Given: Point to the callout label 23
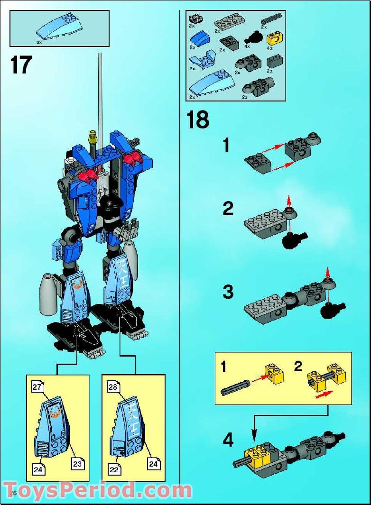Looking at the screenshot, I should pos(77,463).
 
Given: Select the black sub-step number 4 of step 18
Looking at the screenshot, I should pos(228,441).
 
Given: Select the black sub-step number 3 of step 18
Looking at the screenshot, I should pos(228,292).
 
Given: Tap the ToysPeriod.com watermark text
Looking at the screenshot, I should pos(97,488).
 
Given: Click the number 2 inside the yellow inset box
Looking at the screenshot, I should pos(298,366).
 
